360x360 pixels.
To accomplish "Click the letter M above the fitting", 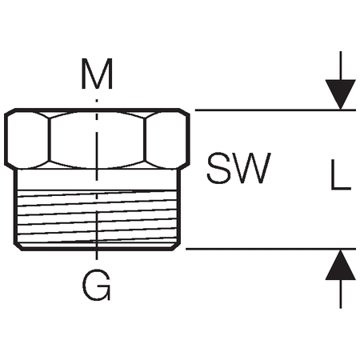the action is [x=97, y=74].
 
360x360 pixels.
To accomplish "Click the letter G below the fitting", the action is [x=96, y=285].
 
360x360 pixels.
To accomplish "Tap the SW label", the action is [x=238, y=168].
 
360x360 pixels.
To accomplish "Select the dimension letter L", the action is [x=341, y=174].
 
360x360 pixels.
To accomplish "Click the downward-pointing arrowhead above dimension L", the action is [x=341, y=94].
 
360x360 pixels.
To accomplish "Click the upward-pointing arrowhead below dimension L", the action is [x=341, y=265].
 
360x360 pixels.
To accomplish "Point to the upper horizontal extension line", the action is [x=275, y=110].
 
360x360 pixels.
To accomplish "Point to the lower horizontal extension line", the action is [x=270, y=249].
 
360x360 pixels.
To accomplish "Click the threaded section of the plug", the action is [x=97, y=217].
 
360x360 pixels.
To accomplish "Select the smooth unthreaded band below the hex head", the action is [x=97, y=179].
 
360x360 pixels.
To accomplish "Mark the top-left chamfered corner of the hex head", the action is [x=10, y=111].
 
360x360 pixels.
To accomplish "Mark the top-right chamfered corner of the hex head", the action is [x=184, y=111].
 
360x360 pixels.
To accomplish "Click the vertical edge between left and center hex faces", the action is [x=50, y=140].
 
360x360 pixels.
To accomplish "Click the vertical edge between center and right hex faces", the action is [x=145, y=140].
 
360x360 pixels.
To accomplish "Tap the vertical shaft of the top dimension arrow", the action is [x=341, y=66].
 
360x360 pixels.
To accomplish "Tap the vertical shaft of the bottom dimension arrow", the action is [x=341, y=294].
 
